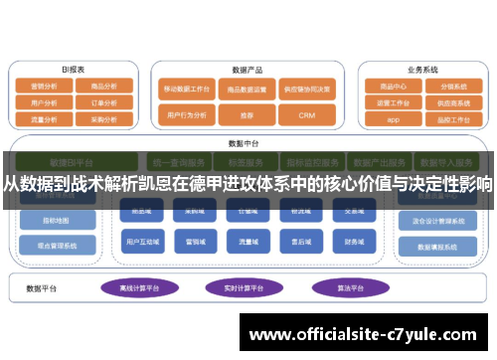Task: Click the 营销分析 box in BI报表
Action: pos(44,87)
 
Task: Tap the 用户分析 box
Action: pos(44,101)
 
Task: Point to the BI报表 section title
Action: pos(73,71)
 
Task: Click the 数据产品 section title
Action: pos(247,71)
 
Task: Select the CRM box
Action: pos(307,115)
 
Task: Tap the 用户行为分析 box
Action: pos(187,115)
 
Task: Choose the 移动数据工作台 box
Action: pos(187,88)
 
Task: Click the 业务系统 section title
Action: pos(422,71)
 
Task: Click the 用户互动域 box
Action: pos(138,241)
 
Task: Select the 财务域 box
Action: pos(355,241)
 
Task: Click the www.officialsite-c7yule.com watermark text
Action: pos(365,334)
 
